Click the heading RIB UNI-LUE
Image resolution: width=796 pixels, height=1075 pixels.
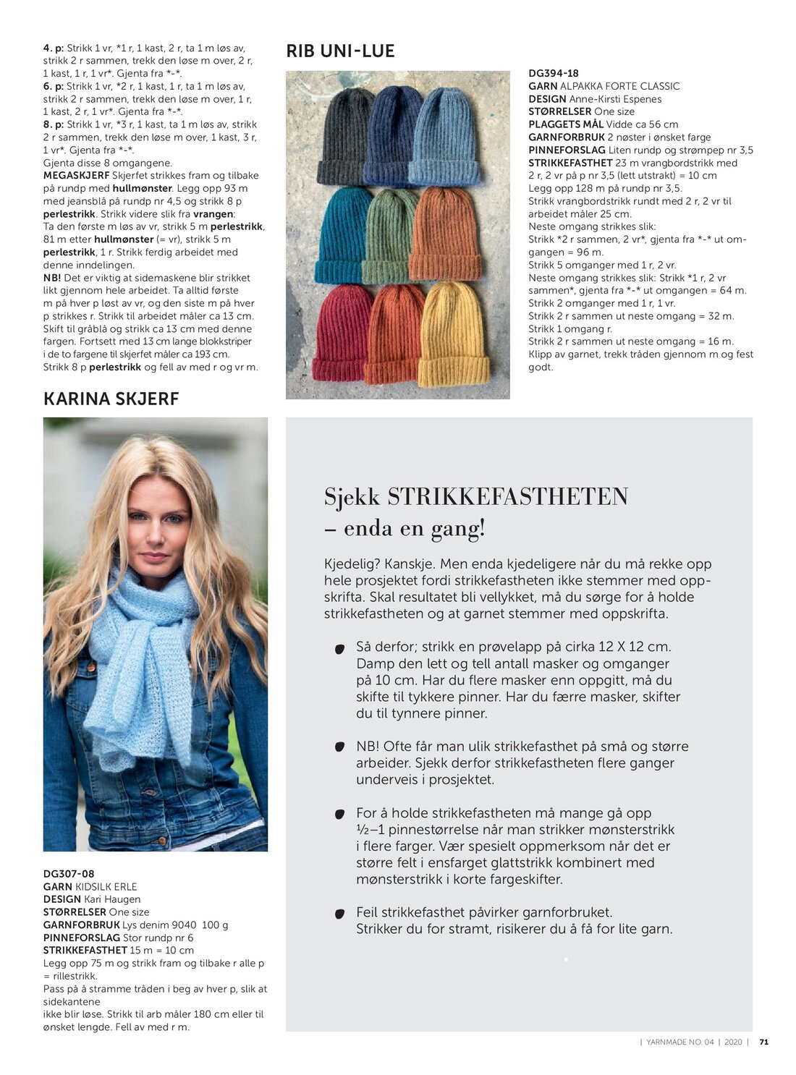[x=340, y=51]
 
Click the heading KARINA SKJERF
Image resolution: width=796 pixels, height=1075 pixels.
[x=111, y=399]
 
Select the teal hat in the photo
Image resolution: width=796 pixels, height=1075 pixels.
[x=340, y=235]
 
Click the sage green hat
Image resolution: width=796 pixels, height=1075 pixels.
[x=389, y=235]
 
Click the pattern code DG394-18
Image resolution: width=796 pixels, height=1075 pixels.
[x=553, y=74]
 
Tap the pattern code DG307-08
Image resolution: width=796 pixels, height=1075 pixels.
[x=68, y=874]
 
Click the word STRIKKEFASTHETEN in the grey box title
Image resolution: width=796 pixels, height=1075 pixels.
[x=507, y=497]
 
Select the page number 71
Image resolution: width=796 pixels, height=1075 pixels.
[x=763, y=1042]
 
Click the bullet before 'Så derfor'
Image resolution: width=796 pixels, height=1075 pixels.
[x=339, y=649]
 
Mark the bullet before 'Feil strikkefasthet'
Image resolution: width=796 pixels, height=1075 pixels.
[x=339, y=914]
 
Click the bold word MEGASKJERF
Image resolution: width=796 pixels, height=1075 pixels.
[x=76, y=176]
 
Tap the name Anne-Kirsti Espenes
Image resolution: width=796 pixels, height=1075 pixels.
[x=615, y=99]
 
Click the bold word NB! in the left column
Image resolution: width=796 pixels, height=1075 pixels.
[x=52, y=278]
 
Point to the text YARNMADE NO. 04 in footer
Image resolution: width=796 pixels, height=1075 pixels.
[x=680, y=1042]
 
